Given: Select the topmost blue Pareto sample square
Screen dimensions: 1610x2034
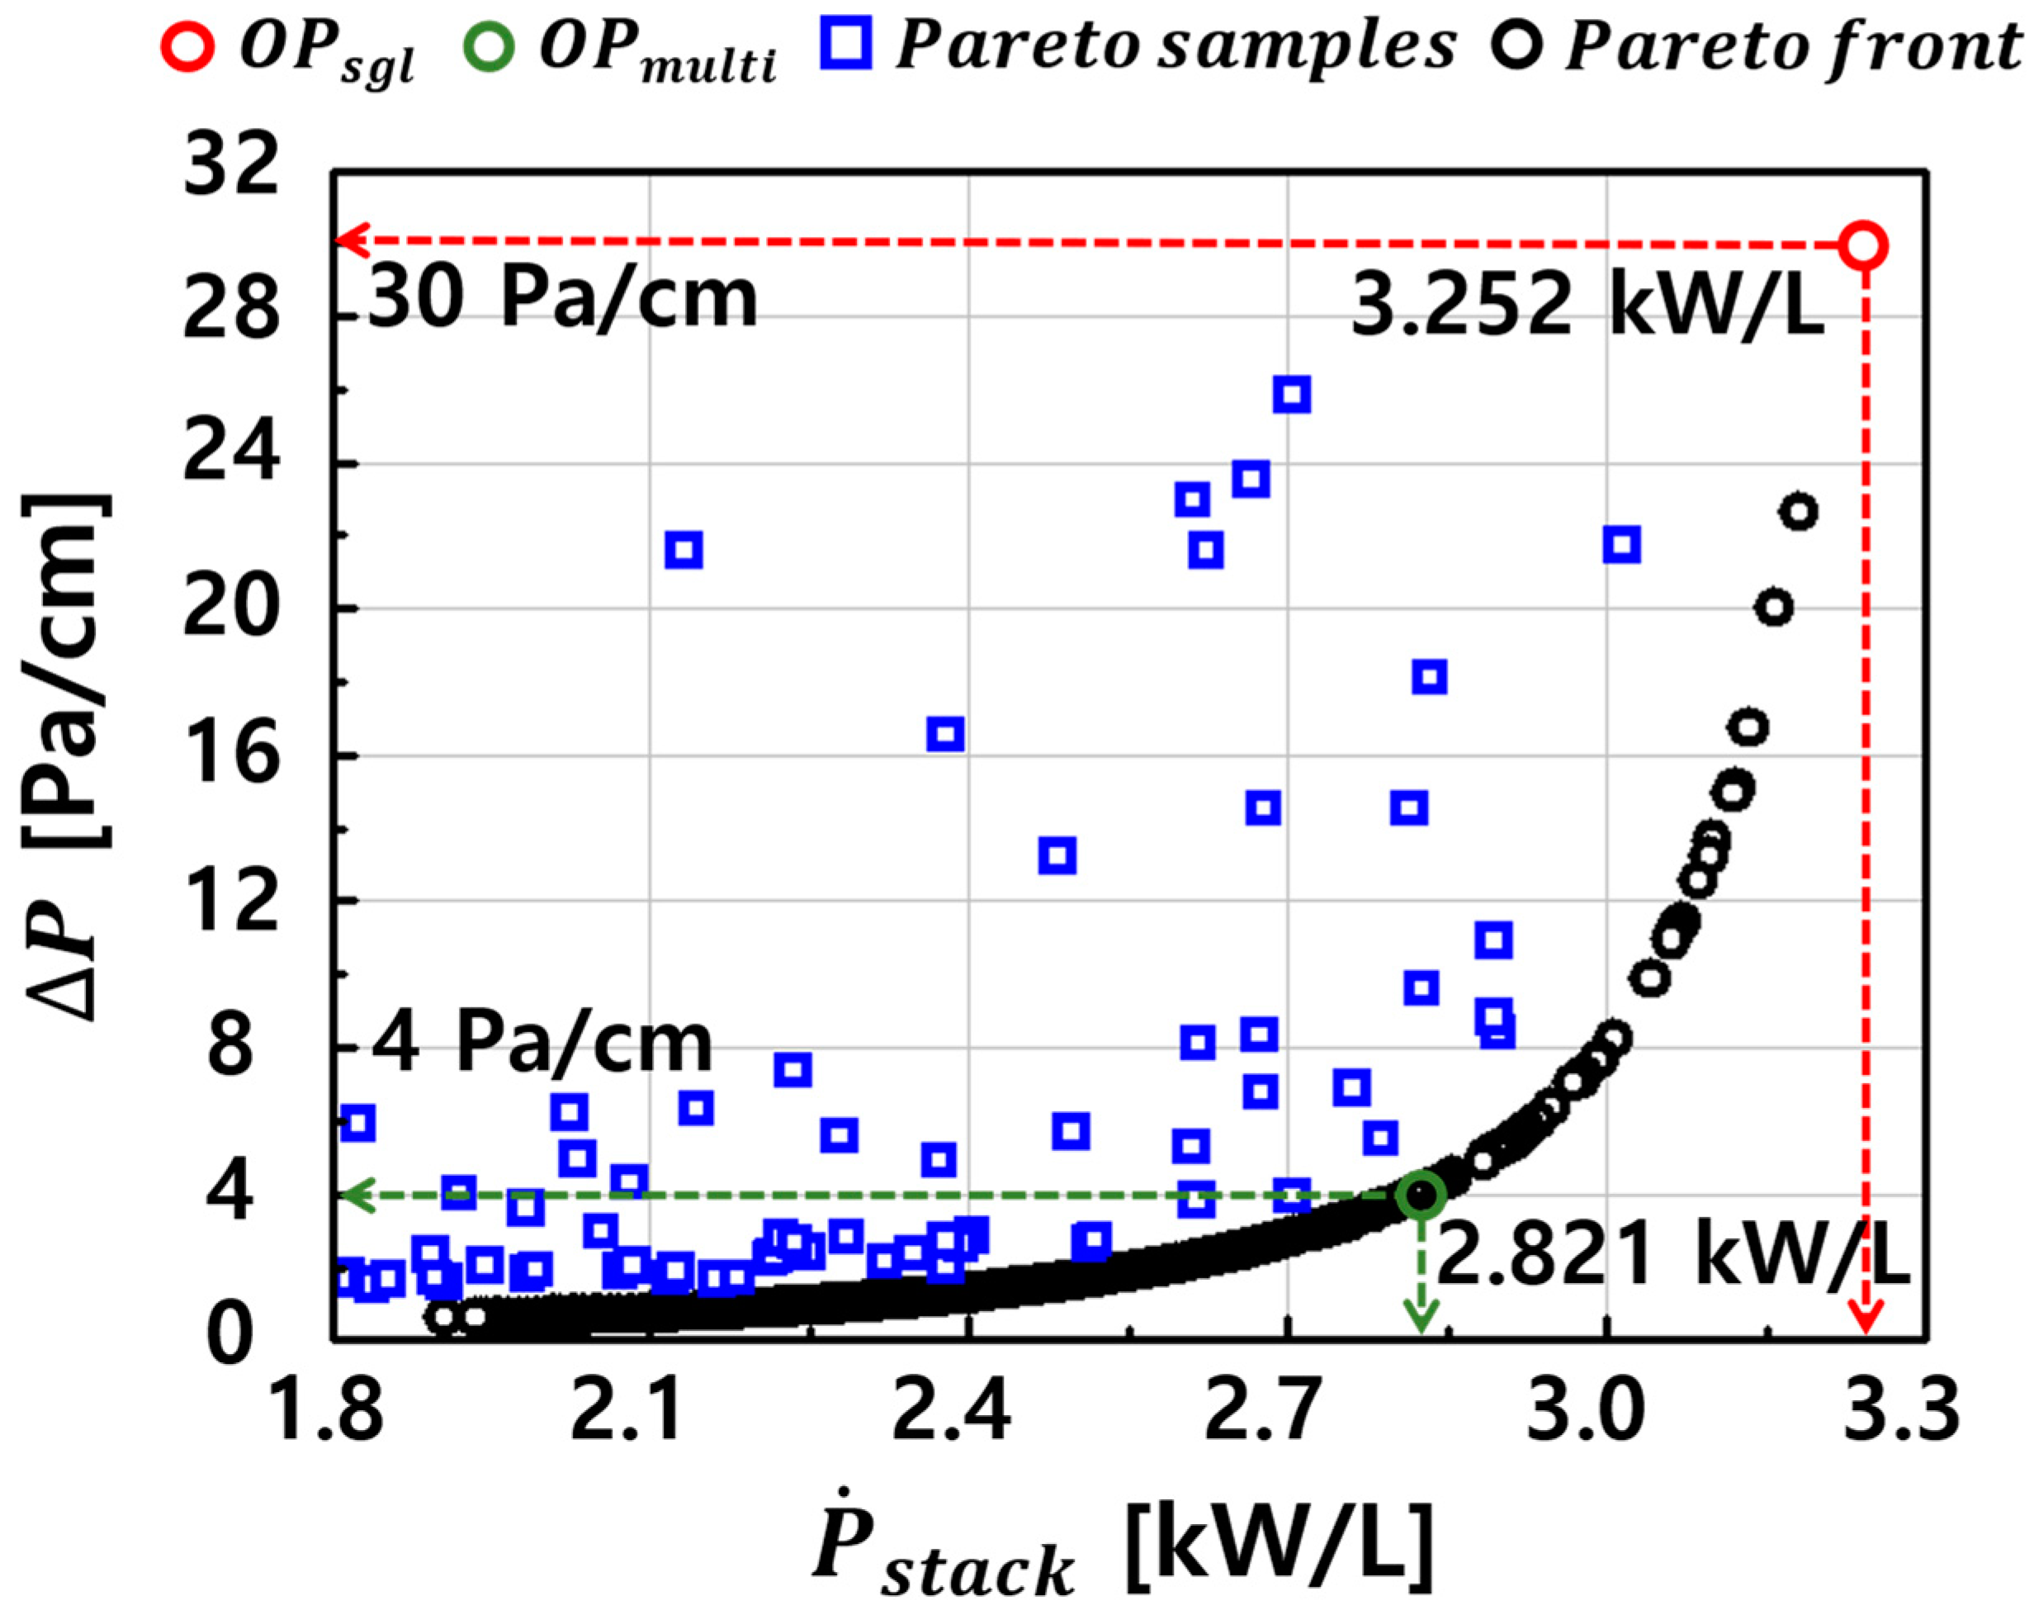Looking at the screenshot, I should (1291, 395).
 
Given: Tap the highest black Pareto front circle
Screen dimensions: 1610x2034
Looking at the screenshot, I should (1800, 512).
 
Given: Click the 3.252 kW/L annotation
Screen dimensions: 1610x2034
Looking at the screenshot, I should (1587, 308).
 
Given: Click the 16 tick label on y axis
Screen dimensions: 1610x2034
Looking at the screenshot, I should (231, 755).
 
